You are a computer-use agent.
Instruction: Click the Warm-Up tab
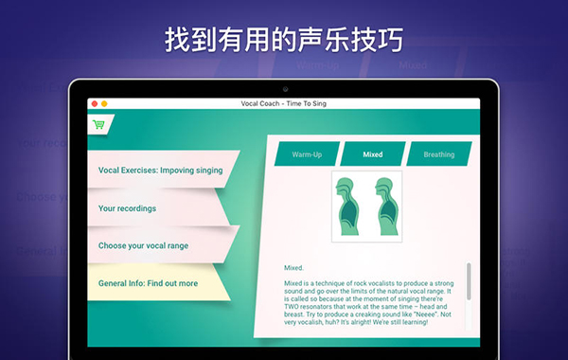pos(306,154)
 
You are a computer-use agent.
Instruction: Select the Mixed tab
pos(372,154)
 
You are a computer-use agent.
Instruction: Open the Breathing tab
pos(438,154)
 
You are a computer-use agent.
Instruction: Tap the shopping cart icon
pos(98,124)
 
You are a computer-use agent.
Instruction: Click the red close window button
pos(94,103)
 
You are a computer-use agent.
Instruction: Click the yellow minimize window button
pos(103,103)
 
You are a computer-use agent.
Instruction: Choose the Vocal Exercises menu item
pos(160,171)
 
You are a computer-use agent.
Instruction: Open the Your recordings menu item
pos(127,208)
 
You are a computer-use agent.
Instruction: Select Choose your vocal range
pos(143,245)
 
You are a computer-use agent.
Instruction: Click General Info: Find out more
pos(148,283)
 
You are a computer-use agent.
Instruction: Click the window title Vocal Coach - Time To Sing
pos(284,103)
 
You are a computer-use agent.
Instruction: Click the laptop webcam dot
pos(284,88)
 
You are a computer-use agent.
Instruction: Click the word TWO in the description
pos(294,313)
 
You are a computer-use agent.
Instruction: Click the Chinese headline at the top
pos(284,40)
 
